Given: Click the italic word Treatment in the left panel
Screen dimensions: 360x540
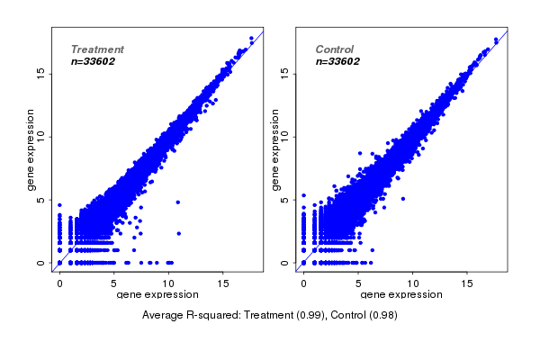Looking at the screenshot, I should pyautogui.click(x=97, y=49).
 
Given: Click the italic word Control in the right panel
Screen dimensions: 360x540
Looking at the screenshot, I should pyautogui.click(x=335, y=49).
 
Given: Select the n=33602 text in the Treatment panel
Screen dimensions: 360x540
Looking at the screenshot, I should pyautogui.click(x=93, y=62).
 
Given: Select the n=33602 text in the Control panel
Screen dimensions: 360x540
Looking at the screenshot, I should pyautogui.click(x=337, y=62).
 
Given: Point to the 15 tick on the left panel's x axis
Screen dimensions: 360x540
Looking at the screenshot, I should pyautogui.click(x=223, y=283).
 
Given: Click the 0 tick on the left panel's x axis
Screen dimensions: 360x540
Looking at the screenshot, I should pyautogui.click(x=59, y=283).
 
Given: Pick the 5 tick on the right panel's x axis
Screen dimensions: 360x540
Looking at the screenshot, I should pyautogui.click(x=358, y=283).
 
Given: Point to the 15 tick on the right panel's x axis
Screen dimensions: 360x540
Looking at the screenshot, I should pyautogui.click(x=467, y=283).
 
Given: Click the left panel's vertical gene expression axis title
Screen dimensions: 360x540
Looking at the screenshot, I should pyautogui.click(x=31, y=149).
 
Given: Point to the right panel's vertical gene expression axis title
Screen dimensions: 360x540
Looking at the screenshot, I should pyautogui.click(x=276, y=149).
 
